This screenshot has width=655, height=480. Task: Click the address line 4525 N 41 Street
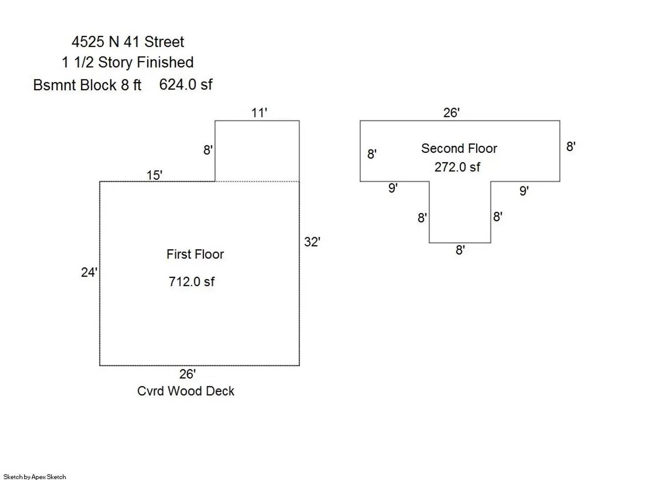click(128, 42)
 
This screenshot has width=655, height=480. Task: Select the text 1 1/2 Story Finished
click(128, 62)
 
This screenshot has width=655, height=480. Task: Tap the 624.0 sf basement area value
click(186, 84)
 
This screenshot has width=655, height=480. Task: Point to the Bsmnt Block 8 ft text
click(87, 85)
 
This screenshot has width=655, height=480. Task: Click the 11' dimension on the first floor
click(259, 113)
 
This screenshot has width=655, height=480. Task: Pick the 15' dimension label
click(154, 175)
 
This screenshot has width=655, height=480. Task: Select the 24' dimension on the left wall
click(89, 272)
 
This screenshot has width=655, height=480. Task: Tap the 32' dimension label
click(312, 242)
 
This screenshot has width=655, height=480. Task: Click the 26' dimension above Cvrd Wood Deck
click(187, 374)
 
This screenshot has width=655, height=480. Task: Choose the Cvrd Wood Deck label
click(186, 391)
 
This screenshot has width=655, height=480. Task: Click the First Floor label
click(195, 254)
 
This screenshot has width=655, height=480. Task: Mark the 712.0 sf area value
click(191, 282)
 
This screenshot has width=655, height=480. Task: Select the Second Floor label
click(459, 148)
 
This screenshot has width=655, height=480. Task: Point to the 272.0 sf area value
click(457, 167)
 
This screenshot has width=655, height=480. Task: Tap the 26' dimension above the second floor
click(451, 112)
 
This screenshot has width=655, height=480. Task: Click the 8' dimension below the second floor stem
click(460, 250)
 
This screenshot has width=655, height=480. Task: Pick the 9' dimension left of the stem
click(393, 188)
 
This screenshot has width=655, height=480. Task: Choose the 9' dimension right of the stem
click(524, 191)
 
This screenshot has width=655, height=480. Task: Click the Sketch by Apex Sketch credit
click(35, 476)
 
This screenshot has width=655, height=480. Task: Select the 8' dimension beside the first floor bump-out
click(208, 150)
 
